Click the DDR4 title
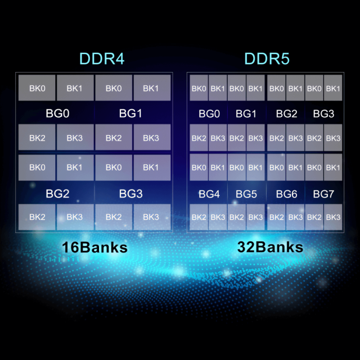pyautogui.click(x=102, y=58)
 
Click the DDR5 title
pyautogui.click(x=267, y=58)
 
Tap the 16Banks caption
pyautogui.click(x=94, y=247)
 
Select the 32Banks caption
pyautogui.click(x=270, y=247)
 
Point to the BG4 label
pyautogui.click(x=209, y=194)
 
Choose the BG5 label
pyautogui.click(x=246, y=194)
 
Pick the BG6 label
pyautogui.click(x=286, y=194)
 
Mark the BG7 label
pyautogui.click(x=323, y=194)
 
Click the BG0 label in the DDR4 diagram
pyautogui.click(x=57, y=114)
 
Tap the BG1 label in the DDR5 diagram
pyautogui.click(x=246, y=114)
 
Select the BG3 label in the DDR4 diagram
pyautogui.click(x=130, y=193)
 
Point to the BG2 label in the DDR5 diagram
pyautogui.click(x=286, y=114)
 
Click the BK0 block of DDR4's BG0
pyautogui.click(x=37, y=88)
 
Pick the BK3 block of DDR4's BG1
pyautogui.click(x=152, y=137)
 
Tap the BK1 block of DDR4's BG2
pyautogui.click(x=75, y=168)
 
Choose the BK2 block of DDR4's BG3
pyautogui.click(x=114, y=217)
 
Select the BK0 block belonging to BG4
pyautogui.click(x=199, y=168)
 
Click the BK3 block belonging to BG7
pyautogui.click(x=333, y=217)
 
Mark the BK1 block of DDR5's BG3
pyautogui.click(x=333, y=88)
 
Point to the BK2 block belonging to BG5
pyautogui.click(x=237, y=217)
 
